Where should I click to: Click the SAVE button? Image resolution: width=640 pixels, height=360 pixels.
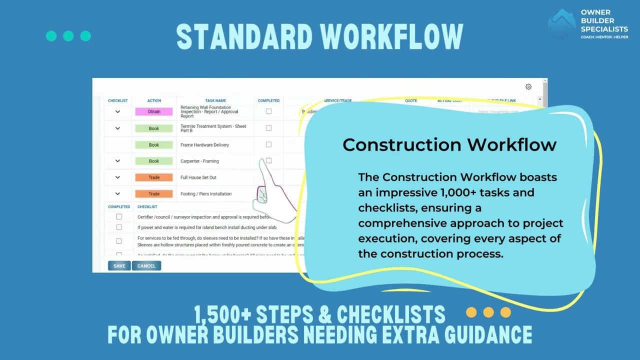[x=119, y=266]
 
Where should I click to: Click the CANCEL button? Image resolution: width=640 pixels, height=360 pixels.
[x=146, y=266]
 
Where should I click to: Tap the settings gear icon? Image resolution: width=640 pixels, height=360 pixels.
[x=528, y=87]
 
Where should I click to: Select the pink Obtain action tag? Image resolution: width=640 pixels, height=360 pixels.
[x=154, y=112]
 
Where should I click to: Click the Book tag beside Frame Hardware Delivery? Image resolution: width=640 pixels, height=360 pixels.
[x=154, y=145]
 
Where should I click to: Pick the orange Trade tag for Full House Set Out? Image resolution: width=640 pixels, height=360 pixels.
[x=154, y=177]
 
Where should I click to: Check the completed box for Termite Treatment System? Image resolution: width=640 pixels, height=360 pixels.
[x=268, y=128]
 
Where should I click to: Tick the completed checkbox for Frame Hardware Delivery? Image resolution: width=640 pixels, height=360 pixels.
[x=268, y=144]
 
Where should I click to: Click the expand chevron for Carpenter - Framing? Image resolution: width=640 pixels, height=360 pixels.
[x=117, y=161]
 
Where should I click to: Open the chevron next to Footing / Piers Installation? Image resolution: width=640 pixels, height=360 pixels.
[x=117, y=193]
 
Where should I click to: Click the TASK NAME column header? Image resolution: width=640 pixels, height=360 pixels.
[x=215, y=100]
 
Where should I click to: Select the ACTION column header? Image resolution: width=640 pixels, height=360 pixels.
[x=154, y=100]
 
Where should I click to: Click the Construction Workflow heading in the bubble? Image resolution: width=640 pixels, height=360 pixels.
[x=449, y=145]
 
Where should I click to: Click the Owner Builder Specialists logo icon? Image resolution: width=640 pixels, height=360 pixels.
[x=562, y=24]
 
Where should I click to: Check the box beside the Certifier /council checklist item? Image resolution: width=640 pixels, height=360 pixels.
[x=119, y=217]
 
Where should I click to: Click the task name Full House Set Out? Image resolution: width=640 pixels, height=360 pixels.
[x=198, y=177]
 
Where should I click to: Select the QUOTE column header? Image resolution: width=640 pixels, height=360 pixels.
[x=411, y=100]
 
